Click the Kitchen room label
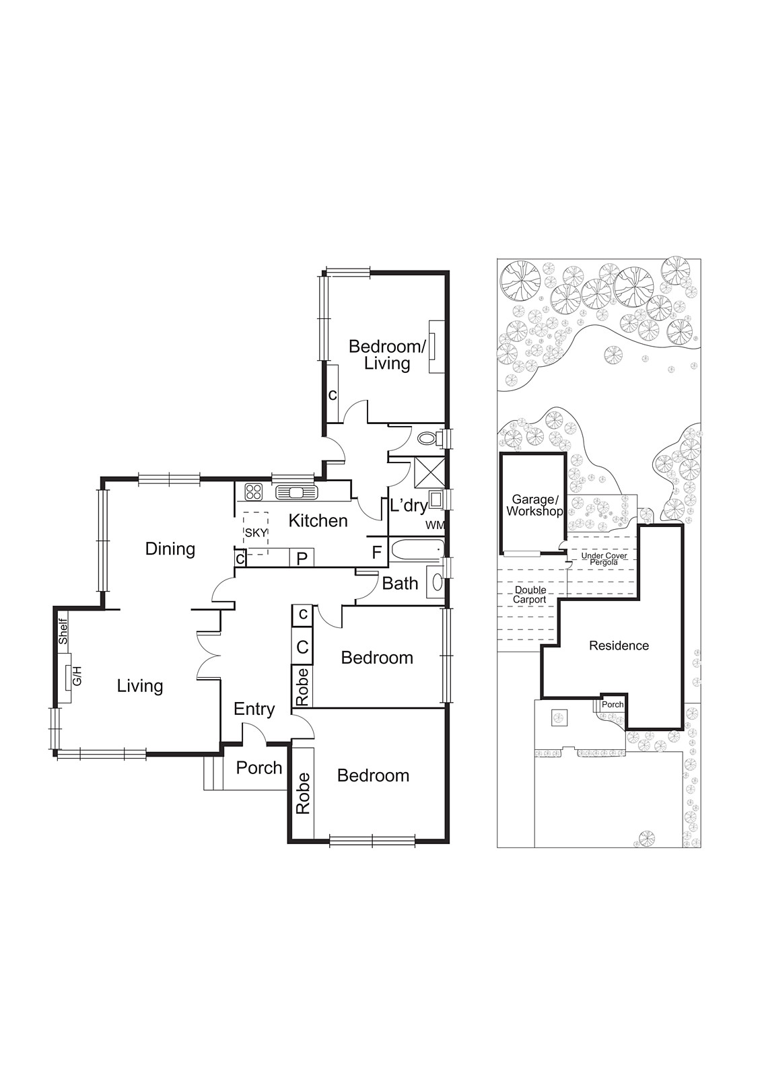tap(318, 521)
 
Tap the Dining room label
tap(170, 549)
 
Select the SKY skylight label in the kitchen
tap(256, 532)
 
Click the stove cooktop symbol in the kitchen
tap(253, 491)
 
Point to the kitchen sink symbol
tap(296, 492)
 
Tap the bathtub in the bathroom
tap(416, 549)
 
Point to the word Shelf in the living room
tap(63, 632)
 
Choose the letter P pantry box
tap(302, 558)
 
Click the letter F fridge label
tap(377, 553)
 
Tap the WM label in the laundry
tap(435, 526)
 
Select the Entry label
tap(254, 709)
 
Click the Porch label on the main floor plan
tap(258, 768)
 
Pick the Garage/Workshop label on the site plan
tap(534, 505)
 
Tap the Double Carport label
tap(530, 595)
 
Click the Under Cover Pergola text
tap(604, 559)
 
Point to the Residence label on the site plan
tap(619, 646)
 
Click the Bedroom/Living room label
tap(387, 355)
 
